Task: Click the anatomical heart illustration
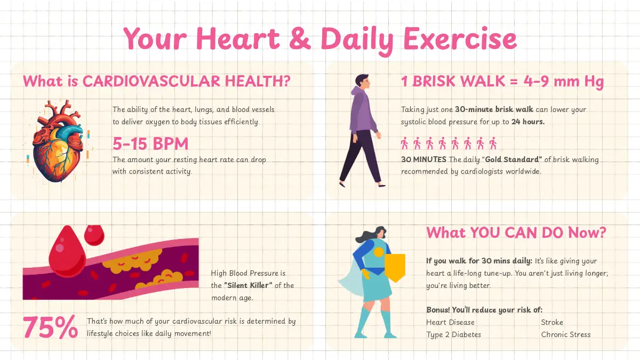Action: tap(58, 141)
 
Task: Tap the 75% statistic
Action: tap(50, 327)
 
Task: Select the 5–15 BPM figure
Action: tap(150, 143)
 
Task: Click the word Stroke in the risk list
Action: tap(552, 322)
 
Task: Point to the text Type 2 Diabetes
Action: tap(454, 334)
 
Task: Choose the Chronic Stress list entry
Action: tap(566, 334)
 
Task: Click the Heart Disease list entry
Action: tap(450, 322)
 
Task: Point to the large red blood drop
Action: tap(67, 253)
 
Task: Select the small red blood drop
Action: tap(94, 235)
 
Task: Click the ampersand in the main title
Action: tap(300, 38)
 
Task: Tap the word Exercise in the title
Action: tap(460, 38)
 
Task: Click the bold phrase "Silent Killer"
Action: tap(248, 285)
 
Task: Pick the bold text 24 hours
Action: tap(528, 122)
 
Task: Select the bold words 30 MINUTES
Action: tap(423, 159)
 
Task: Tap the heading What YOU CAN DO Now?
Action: tap(516, 233)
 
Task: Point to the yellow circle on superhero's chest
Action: tap(379, 252)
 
